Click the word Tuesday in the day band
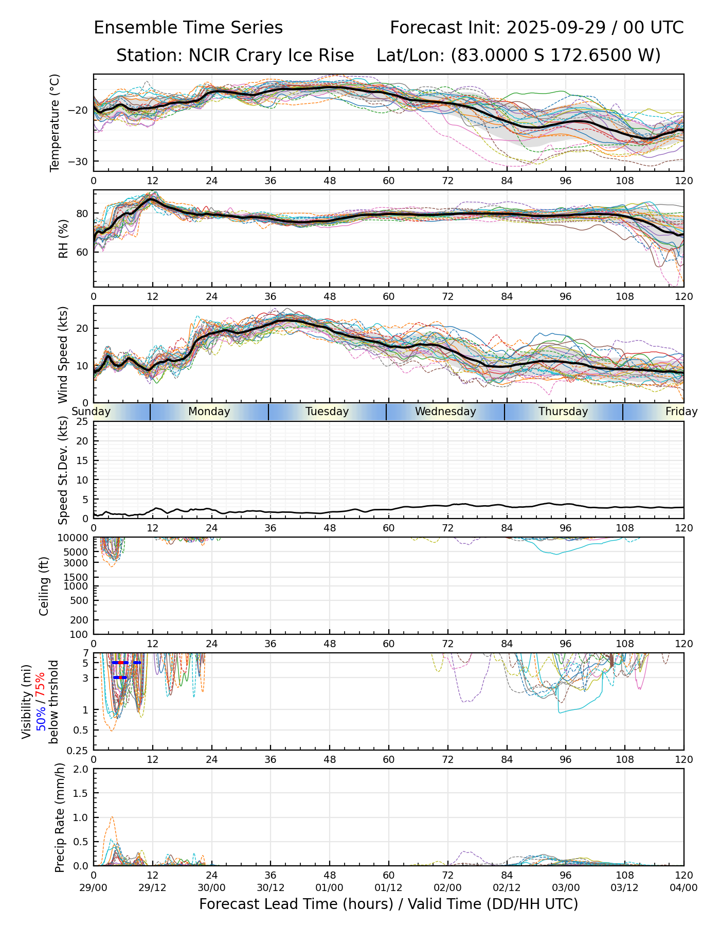(x=327, y=412)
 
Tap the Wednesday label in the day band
(x=445, y=412)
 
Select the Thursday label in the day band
(x=563, y=412)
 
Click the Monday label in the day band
(x=209, y=412)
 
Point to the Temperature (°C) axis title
(x=55, y=122)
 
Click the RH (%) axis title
(x=63, y=238)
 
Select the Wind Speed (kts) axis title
(x=63, y=354)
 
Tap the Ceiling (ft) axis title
(x=44, y=586)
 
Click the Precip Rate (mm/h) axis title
(x=60, y=817)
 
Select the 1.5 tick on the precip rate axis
(x=81, y=793)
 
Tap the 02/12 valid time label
(x=507, y=887)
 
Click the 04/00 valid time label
(x=683, y=887)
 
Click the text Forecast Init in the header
(x=444, y=28)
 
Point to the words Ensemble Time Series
(x=188, y=28)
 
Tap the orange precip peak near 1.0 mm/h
(x=112, y=817)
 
